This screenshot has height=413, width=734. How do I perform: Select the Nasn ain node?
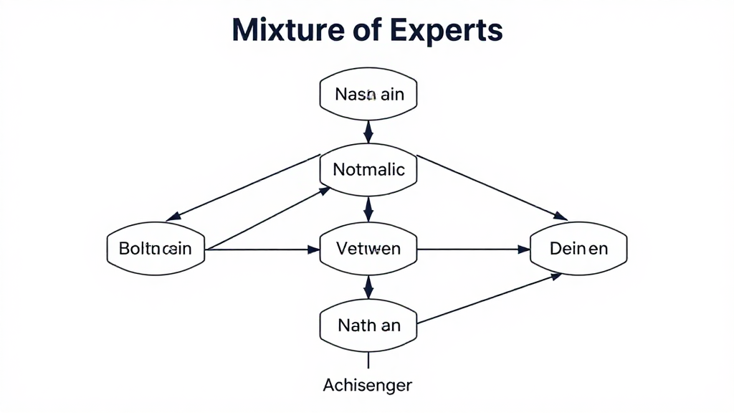click(368, 94)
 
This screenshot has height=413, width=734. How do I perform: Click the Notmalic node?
click(368, 170)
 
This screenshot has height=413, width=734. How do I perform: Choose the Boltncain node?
click(156, 249)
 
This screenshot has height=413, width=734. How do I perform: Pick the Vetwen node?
click(368, 249)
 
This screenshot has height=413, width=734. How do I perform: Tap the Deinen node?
click(578, 249)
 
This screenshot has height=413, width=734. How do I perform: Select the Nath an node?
click(368, 325)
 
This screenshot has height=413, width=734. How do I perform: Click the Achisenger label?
click(368, 385)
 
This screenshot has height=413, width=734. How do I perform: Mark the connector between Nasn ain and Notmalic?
click(368, 131)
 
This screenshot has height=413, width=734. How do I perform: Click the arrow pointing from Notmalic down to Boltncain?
click(244, 188)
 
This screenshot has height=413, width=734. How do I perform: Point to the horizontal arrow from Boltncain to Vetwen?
click(262, 250)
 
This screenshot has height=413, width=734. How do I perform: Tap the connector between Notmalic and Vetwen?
click(368, 209)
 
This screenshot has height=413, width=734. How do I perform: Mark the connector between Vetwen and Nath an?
click(368, 287)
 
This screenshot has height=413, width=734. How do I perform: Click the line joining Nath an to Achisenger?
click(368, 359)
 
